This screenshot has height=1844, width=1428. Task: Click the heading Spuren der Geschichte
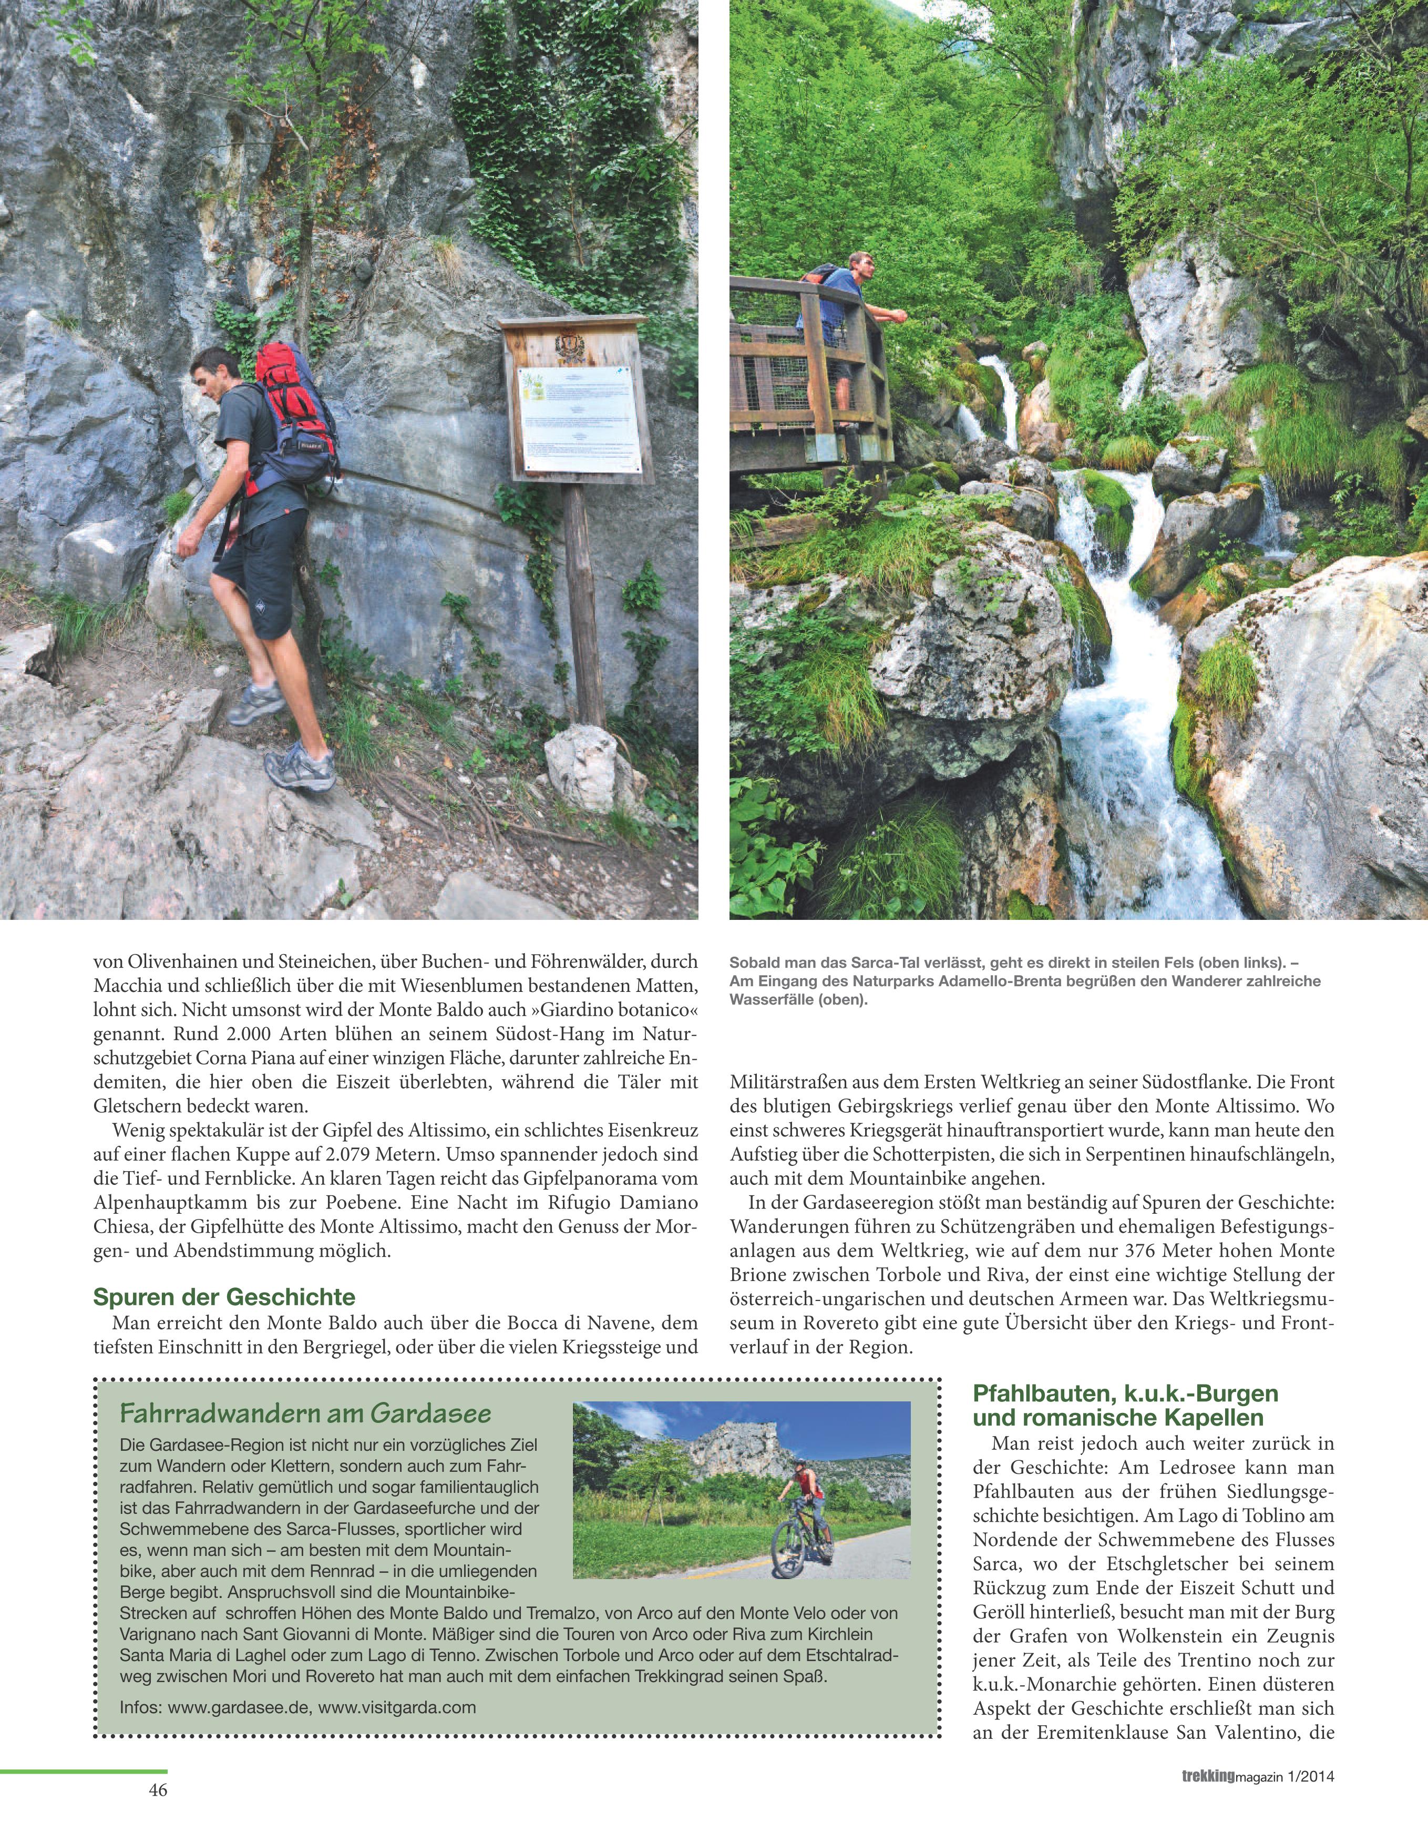[x=224, y=1296]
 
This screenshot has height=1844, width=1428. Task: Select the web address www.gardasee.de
[x=239, y=1707]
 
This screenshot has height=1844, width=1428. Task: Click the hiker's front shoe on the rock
[x=300, y=773]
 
